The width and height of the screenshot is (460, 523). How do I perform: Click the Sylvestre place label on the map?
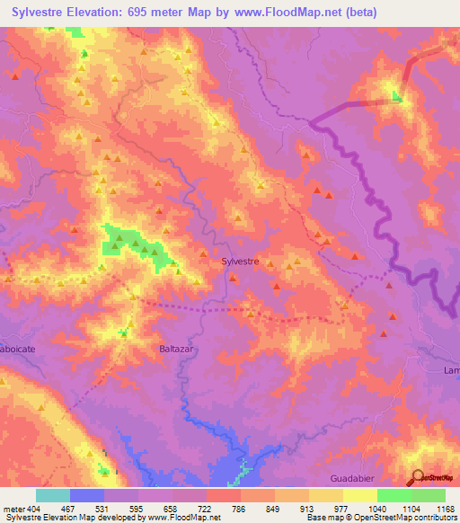pyautogui.click(x=240, y=261)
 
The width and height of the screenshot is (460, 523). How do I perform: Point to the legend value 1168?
pyautogui.click(x=445, y=509)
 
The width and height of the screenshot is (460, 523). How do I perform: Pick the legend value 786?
pyautogui.click(x=240, y=509)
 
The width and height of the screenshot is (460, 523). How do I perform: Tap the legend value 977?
pyautogui.click(x=342, y=509)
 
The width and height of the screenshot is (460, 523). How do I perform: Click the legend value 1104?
pyautogui.click(x=411, y=509)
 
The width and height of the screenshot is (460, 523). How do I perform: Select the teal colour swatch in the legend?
pyautogui.click(x=53, y=495)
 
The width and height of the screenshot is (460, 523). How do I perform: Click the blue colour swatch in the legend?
pyautogui.click(x=87, y=495)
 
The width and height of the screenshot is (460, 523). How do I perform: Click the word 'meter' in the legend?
pyautogui.click(x=13, y=509)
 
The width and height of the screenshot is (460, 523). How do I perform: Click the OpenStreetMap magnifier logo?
pyautogui.click(x=419, y=477)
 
